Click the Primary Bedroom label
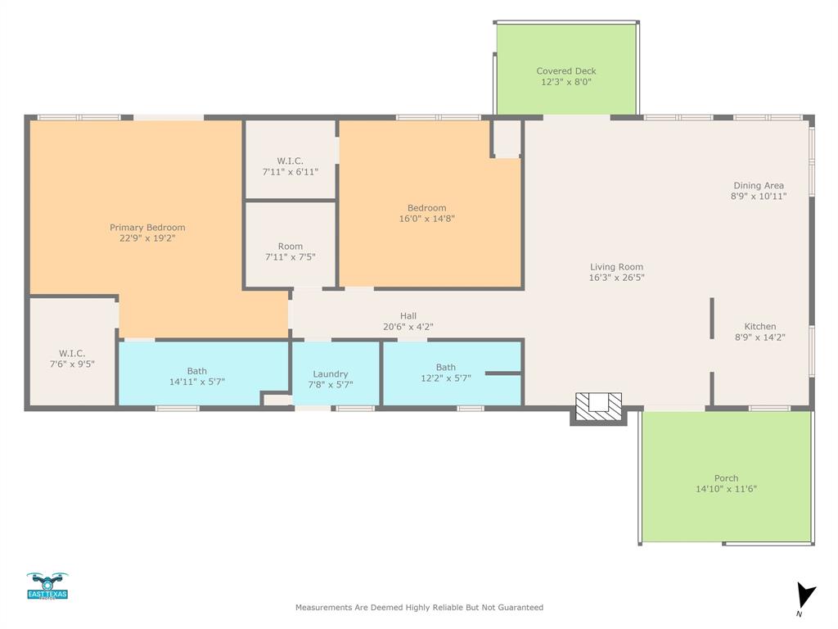click(x=147, y=227)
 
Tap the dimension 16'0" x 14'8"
click(x=426, y=219)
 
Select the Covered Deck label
click(x=565, y=71)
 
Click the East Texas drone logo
click(x=47, y=586)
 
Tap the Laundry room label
click(x=330, y=374)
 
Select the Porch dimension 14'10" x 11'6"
click(x=726, y=489)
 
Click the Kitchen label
click(x=759, y=326)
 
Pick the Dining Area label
click(x=758, y=186)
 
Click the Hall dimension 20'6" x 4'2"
click(x=408, y=327)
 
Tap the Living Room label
click(x=616, y=266)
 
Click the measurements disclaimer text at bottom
click(x=419, y=608)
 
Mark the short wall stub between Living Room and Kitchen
click(x=712, y=318)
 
